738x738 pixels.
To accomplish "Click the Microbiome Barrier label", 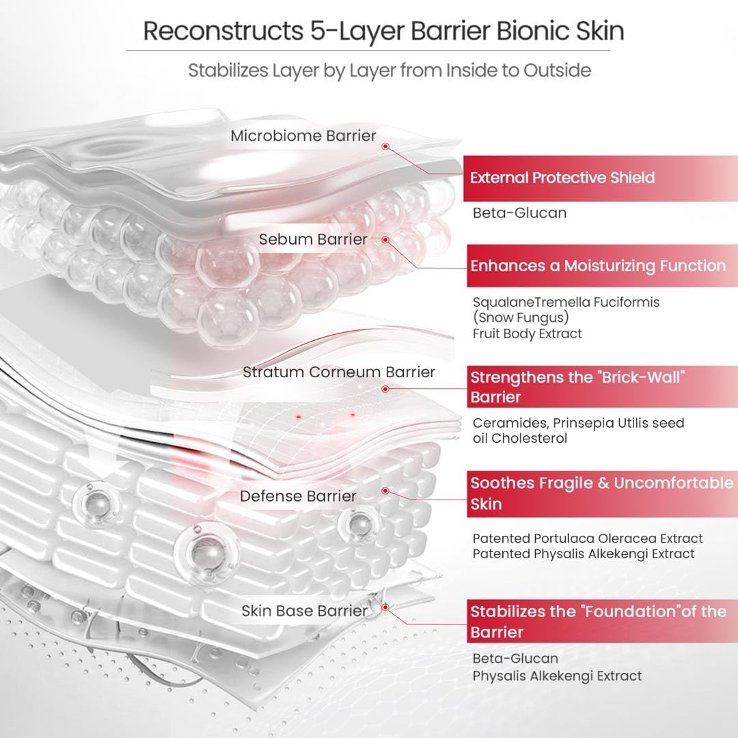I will coord(303,136).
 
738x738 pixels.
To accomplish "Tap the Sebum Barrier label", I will coord(313,239).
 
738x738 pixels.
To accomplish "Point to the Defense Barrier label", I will coord(297,496).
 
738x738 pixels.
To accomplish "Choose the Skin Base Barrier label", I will coord(304,611).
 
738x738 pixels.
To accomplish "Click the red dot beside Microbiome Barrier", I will coord(385,146).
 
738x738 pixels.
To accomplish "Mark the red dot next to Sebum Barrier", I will coord(385,240).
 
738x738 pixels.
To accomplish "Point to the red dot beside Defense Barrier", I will coord(385,491).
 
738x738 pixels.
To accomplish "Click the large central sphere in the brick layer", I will coord(200,547).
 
